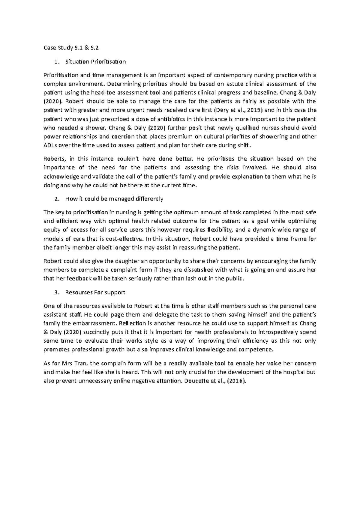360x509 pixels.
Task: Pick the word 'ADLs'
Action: pyautogui.click(x=50, y=145)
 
